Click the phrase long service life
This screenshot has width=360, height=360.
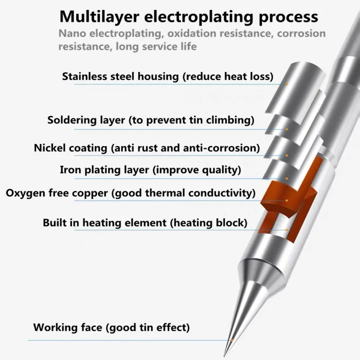pos(156,46)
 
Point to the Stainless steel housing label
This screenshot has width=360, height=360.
pos(121,76)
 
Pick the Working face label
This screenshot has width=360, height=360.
pos(67,327)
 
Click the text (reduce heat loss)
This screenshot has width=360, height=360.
pos(228,76)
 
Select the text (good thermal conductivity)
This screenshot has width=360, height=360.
pos(183,193)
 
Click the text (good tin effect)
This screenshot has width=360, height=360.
pos(147,327)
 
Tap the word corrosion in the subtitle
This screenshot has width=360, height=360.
pos(301,34)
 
